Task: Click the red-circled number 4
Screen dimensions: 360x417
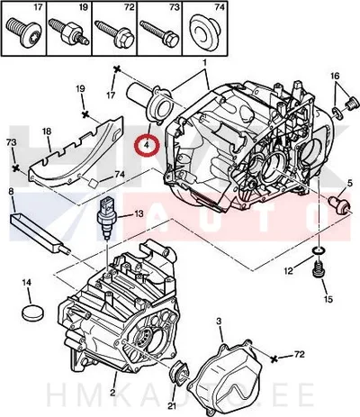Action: pyautogui.click(x=147, y=145)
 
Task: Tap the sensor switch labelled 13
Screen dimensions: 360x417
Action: pyautogui.click(x=107, y=218)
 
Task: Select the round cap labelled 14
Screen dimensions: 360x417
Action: pyautogui.click(x=31, y=313)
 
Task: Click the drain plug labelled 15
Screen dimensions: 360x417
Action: pyautogui.click(x=319, y=269)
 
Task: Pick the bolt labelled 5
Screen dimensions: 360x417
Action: pyautogui.click(x=339, y=205)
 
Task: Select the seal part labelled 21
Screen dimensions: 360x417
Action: pyautogui.click(x=179, y=372)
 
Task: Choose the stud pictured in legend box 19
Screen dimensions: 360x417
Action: pyautogui.click(x=69, y=32)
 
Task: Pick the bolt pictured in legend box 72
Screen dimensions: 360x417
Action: pyautogui.click(x=114, y=33)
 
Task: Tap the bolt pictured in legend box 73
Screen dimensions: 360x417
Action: pyautogui.click(x=159, y=33)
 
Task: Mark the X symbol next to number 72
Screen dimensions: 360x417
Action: pyautogui.click(x=274, y=358)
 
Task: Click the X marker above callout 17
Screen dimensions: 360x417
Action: pyautogui.click(x=117, y=69)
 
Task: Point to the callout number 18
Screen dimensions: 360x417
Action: pyautogui.click(x=47, y=131)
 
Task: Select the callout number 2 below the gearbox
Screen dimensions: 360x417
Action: pyautogui.click(x=112, y=392)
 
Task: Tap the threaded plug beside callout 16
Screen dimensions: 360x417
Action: pyautogui.click(x=353, y=104)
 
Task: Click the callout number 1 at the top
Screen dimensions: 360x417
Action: pyautogui.click(x=204, y=63)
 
